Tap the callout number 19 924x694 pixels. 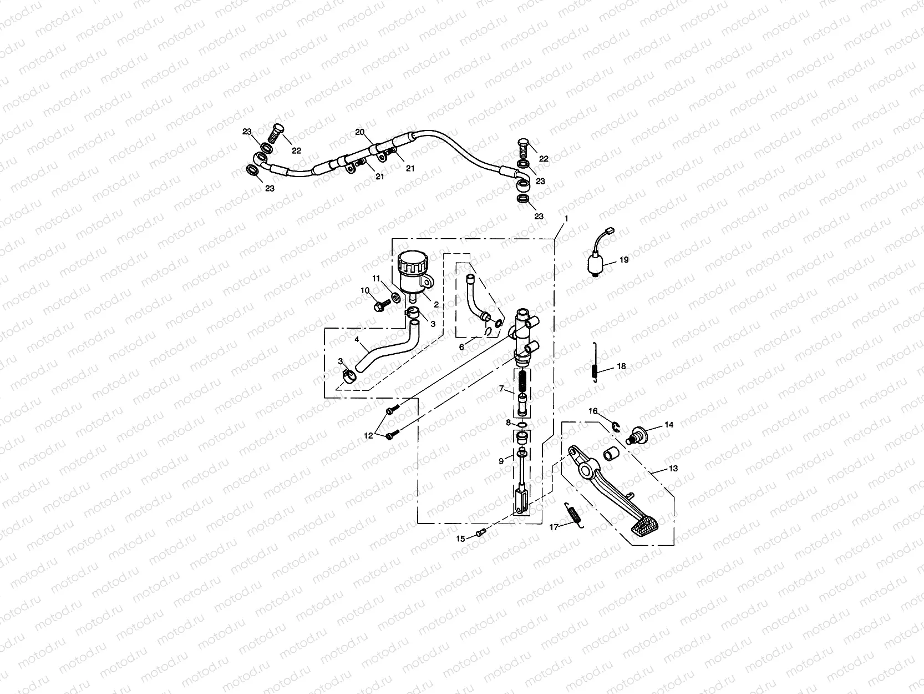(624, 259)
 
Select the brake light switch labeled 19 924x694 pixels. (596, 263)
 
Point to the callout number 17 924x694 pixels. (554, 527)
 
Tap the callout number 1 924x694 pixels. (566, 219)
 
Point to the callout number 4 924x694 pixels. (357, 339)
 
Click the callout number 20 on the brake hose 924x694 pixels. (360, 132)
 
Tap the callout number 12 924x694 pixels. (369, 436)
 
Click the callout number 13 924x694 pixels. (673, 469)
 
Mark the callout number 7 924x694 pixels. (501, 389)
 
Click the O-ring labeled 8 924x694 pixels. (522, 425)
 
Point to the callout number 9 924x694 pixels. (501, 461)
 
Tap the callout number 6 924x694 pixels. (461, 346)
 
